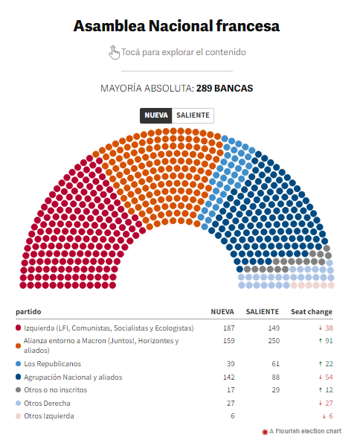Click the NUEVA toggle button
pyautogui.click(x=156, y=115)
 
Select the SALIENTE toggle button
pyautogui.click(x=193, y=115)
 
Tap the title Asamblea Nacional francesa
pyautogui.click(x=176, y=26)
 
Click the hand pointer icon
pyautogui.click(x=114, y=52)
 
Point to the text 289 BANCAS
pyautogui.click(x=225, y=89)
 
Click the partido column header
pyautogui.click(x=28, y=312)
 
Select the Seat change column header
pyautogui.click(x=312, y=312)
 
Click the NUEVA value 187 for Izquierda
pyautogui.click(x=229, y=328)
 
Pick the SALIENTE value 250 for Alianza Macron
pyautogui.click(x=274, y=341)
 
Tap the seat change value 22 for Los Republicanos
pyautogui.click(x=329, y=363)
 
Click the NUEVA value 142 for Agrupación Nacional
pyautogui.click(x=229, y=377)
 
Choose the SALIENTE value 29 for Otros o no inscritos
pyautogui.click(x=276, y=390)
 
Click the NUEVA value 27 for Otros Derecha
pyautogui.click(x=231, y=404)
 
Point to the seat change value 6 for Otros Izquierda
pyautogui.click(x=331, y=416)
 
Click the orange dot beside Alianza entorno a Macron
pyautogui.click(x=19, y=345)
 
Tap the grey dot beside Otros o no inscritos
pyautogui.click(x=19, y=390)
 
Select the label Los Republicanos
pyautogui.click(x=52, y=363)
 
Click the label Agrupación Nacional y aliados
pyautogui.click(x=73, y=377)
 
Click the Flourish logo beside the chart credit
pyautogui.click(x=265, y=432)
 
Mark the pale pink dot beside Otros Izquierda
pyautogui.click(x=19, y=416)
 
